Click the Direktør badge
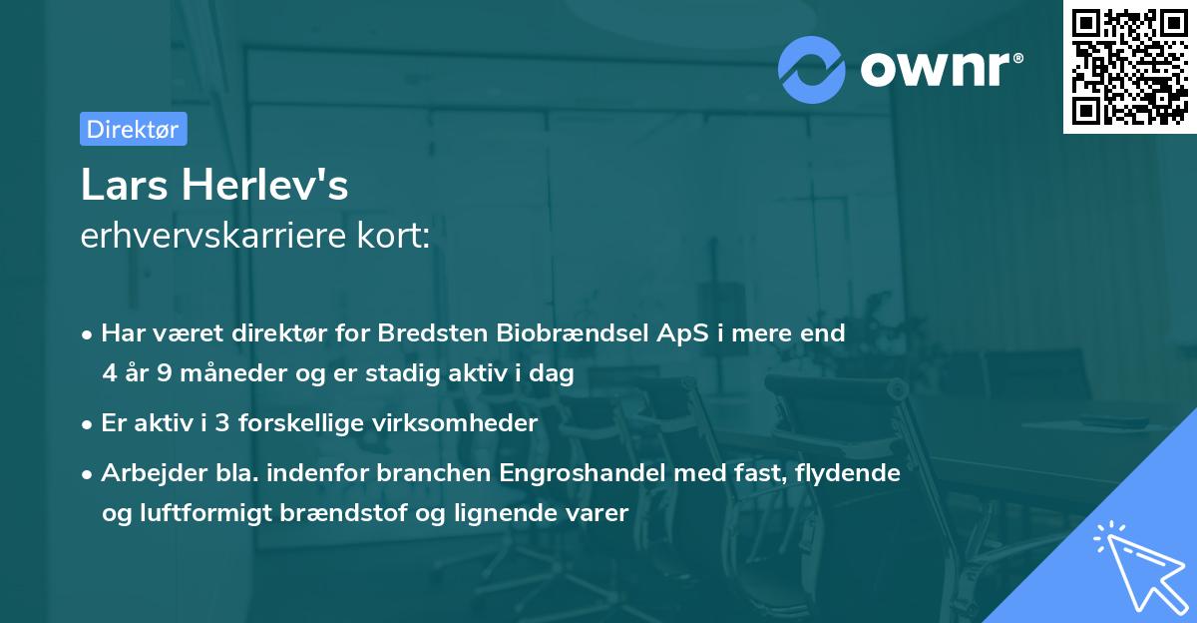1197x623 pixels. pos(133,129)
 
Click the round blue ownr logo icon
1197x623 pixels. pos(812,70)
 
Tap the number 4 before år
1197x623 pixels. pos(109,373)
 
